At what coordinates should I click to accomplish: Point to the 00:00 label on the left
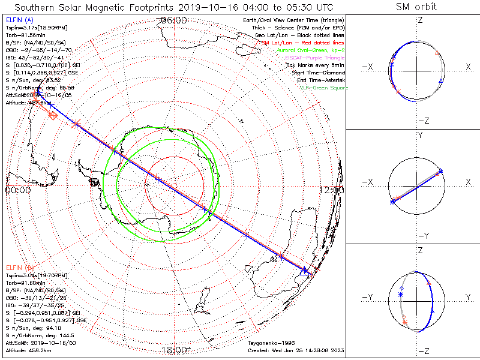(18, 190)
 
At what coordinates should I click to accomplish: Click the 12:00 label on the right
(332, 190)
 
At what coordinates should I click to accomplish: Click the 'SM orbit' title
(416, 7)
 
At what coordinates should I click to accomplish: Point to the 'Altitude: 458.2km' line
(28, 349)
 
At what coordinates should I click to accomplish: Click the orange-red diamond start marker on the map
(53, 115)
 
